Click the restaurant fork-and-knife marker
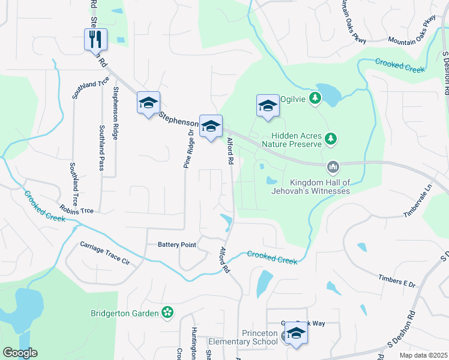coord(95,40)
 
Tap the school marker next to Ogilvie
coord(268,106)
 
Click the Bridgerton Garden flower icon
coord(168,313)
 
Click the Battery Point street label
coord(177,245)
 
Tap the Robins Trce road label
coord(76,210)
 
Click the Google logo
coord(20,353)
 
